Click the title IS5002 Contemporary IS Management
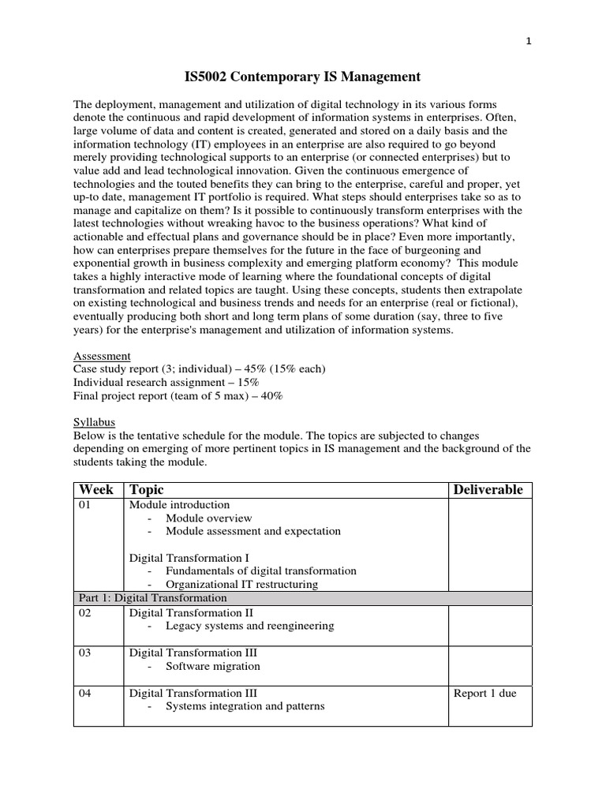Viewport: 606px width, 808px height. [x=302, y=77]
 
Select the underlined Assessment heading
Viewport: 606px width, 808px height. [x=102, y=356]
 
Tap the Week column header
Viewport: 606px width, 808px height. [x=97, y=490]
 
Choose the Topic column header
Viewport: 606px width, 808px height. [x=147, y=490]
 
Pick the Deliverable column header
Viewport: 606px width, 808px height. [x=488, y=490]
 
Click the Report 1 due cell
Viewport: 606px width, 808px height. [x=484, y=694]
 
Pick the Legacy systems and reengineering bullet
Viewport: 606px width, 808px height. [x=249, y=626]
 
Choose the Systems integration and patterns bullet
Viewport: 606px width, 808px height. [x=245, y=706]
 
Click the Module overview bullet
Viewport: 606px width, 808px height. [x=208, y=518]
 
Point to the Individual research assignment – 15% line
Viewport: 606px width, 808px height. [x=166, y=383]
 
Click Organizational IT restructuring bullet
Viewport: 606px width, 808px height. [x=241, y=585]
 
